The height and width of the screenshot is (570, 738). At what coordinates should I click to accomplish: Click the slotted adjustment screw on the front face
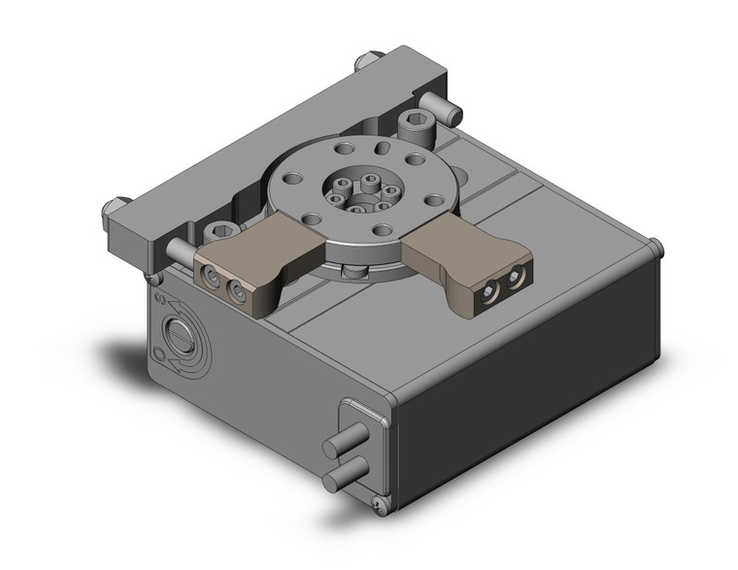coord(181,341)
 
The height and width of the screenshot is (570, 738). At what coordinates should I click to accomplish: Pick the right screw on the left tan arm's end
coord(236,291)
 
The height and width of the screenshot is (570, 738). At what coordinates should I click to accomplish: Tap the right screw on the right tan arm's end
coord(514,278)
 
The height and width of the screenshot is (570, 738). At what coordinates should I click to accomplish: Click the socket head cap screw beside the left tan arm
coord(220,232)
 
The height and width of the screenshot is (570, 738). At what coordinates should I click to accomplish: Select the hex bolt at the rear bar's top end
coord(366,59)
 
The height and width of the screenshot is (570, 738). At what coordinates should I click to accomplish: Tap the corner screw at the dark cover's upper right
coord(656,245)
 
